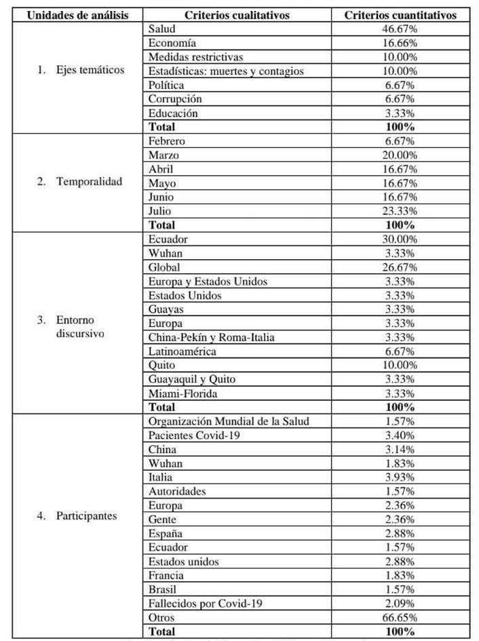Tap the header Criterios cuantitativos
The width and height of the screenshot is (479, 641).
(400, 14)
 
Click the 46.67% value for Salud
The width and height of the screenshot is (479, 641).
(400, 30)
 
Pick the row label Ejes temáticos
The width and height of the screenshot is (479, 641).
(81, 70)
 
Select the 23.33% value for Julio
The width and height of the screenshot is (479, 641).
(400, 210)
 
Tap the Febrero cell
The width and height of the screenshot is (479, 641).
(167, 141)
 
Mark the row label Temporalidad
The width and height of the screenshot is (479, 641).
(81, 182)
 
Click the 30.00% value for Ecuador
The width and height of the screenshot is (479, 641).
(400, 239)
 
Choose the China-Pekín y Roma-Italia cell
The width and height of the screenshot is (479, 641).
(211, 337)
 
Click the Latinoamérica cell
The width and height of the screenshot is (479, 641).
(183, 351)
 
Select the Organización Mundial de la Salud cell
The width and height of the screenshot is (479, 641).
(229, 421)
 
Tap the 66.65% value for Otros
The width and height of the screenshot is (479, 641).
(400, 617)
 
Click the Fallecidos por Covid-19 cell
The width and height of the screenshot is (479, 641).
(204, 603)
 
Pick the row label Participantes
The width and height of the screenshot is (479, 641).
(77, 516)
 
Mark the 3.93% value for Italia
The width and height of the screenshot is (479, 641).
(400, 477)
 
